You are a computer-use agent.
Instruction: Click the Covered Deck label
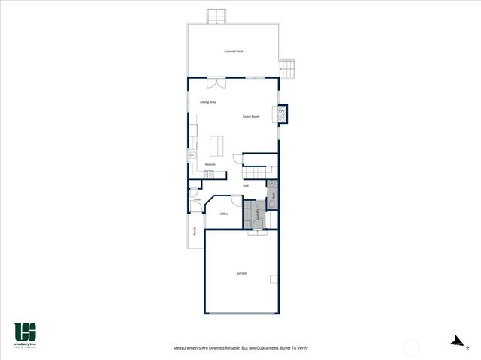(x=234, y=52)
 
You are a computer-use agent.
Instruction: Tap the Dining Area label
(x=208, y=102)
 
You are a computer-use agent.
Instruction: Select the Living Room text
(x=251, y=116)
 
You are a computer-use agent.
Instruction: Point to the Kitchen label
(x=210, y=164)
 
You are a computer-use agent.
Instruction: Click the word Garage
(x=241, y=273)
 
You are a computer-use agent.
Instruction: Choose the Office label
(x=224, y=214)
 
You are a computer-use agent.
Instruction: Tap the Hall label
(x=246, y=186)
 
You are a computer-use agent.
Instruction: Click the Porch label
(x=195, y=232)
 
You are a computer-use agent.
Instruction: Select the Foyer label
(x=198, y=199)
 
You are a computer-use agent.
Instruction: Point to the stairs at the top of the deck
(x=216, y=16)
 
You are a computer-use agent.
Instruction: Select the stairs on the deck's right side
(x=289, y=70)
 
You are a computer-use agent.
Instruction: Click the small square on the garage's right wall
(x=274, y=280)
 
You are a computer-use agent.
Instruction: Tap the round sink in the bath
(x=274, y=183)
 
